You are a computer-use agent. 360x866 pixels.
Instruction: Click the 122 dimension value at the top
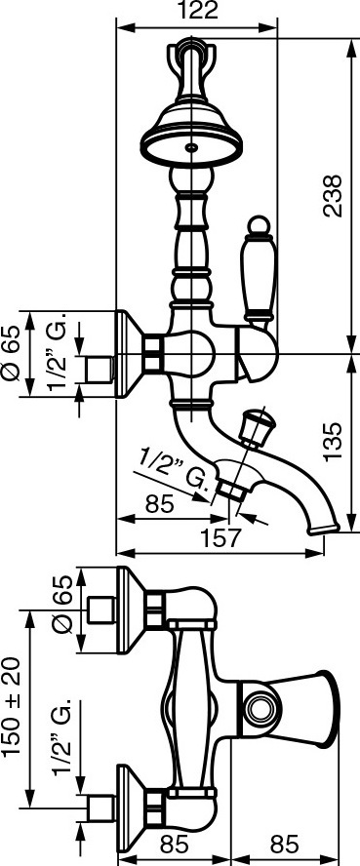pos(196,11)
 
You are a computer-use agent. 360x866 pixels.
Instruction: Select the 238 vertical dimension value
pos(332,195)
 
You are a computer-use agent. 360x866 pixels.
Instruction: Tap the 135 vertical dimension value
pos(332,442)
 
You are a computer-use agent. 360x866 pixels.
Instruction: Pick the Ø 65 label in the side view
pos(11,353)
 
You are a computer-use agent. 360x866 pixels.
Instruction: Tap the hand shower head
pos(191,144)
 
